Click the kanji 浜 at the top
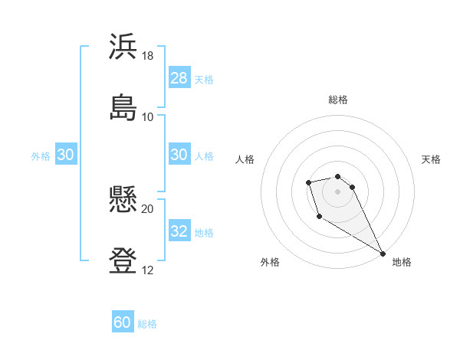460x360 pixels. click(123, 47)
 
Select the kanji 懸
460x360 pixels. click(123, 201)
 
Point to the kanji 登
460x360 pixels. click(123, 260)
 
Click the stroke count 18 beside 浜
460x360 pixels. click(148, 56)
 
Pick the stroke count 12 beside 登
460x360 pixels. click(148, 270)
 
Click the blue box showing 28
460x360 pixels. click(179, 78)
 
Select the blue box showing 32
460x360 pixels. click(179, 232)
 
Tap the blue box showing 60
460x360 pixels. click(123, 323)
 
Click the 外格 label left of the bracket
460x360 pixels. click(41, 155)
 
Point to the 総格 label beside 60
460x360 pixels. click(147, 324)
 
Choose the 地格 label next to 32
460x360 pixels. click(204, 233)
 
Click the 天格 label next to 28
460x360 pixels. click(204, 79)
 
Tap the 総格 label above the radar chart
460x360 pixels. click(338, 100)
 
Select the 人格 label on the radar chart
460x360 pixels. click(245, 159)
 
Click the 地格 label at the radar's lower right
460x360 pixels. click(402, 262)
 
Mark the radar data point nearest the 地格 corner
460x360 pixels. click(383, 254)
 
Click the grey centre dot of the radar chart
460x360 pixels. click(337, 191)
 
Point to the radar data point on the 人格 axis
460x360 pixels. click(308, 182)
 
